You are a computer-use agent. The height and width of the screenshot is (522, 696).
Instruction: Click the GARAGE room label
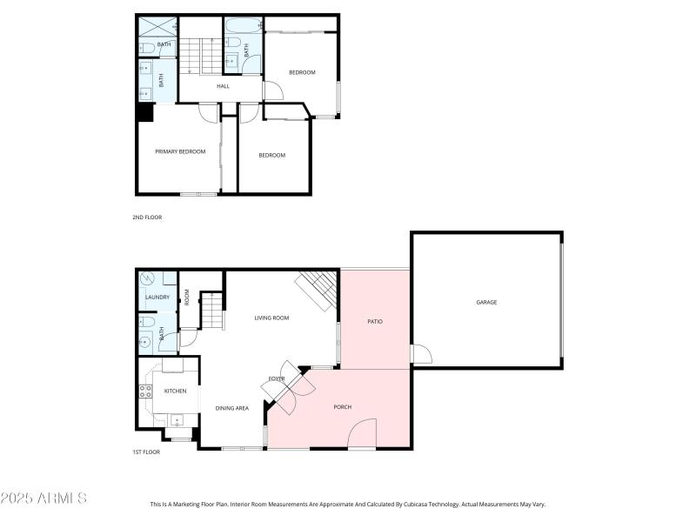tap(486, 302)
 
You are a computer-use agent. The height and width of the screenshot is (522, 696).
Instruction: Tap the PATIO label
tap(375, 321)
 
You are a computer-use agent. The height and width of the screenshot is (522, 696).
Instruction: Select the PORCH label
tap(343, 406)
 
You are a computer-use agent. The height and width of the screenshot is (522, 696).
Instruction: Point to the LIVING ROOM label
tap(271, 318)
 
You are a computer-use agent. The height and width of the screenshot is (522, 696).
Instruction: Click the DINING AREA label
tap(232, 407)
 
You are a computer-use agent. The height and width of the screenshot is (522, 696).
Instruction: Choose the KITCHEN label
tap(176, 391)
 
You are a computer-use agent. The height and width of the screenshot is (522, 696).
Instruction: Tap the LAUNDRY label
tap(157, 297)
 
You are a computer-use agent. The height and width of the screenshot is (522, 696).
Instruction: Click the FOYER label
tap(277, 378)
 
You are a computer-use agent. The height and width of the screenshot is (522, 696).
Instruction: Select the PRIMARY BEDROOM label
tap(180, 151)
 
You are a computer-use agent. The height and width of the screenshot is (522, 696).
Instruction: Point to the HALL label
tap(223, 86)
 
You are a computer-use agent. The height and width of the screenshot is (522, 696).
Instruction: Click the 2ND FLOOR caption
tap(148, 217)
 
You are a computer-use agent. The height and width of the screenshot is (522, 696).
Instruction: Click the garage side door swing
tap(421, 354)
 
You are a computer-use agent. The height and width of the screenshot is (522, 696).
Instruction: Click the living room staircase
tap(317, 289)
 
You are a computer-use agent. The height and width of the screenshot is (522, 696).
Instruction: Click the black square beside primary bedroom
tap(144, 113)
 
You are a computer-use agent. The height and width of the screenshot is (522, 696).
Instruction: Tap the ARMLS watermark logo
tap(43, 499)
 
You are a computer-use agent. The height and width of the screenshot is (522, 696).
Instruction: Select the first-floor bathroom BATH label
tap(162, 333)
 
